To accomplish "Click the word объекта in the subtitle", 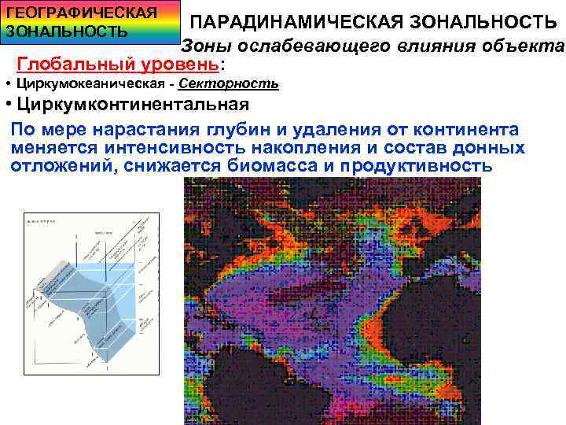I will (526, 45).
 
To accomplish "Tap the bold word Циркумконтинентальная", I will (133, 104).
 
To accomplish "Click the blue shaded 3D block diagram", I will (90, 307).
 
